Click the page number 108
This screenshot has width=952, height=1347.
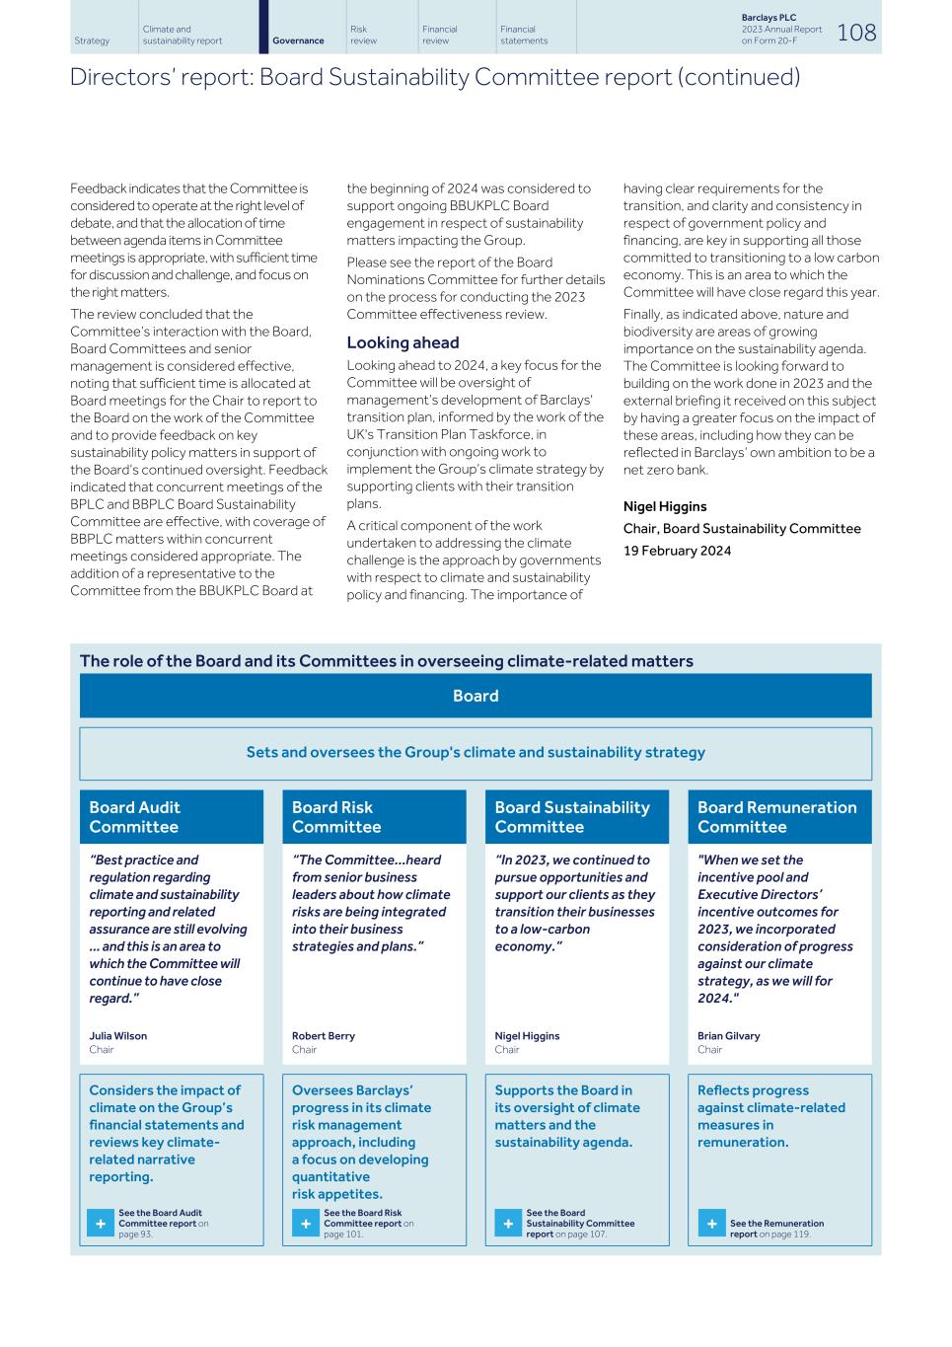point(855,33)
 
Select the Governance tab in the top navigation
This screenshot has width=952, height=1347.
point(298,40)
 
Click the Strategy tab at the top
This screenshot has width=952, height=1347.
point(92,40)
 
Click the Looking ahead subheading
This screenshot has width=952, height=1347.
point(403,342)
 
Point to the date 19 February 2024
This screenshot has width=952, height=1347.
point(677,551)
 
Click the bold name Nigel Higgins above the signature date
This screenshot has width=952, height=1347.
point(665,506)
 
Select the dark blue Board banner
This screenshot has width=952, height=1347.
point(476,696)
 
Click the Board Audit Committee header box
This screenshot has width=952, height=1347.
point(172,817)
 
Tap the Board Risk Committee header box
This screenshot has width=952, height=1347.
point(374,817)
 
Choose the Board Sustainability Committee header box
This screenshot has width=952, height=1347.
point(576,817)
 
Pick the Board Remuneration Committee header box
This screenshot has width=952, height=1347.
point(779,817)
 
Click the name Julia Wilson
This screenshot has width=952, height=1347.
point(117,1036)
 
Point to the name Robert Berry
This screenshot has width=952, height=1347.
point(323,1036)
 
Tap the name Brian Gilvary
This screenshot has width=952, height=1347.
point(728,1036)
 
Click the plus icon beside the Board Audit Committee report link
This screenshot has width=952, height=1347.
point(101,1224)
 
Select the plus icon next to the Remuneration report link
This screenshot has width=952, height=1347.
point(711,1224)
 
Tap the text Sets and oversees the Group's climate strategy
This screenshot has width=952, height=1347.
point(476,753)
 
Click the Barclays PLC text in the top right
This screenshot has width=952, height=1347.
point(769,18)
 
